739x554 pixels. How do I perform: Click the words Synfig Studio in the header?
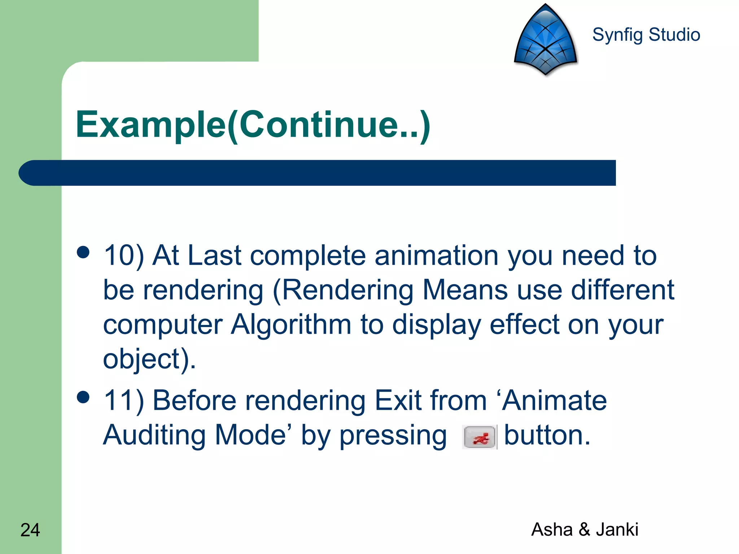click(x=646, y=35)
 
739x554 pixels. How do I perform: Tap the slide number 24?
click(x=30, y=530)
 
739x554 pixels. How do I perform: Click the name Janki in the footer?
click(x=617, y=529)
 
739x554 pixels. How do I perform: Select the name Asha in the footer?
click(x=552, y=529)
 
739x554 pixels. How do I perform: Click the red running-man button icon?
click(x=480, y=438)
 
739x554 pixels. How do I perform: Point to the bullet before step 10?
click(x=83, y=252)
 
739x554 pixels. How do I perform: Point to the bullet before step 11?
click(x=83, y=397)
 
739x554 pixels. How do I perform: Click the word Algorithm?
click(x=291, y=325)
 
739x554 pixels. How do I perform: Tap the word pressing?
click(x=393, y=436)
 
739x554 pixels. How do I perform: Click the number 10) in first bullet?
click(x=124, y=256)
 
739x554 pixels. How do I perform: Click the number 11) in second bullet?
click(x=124, y=401)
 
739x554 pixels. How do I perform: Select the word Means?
click(x=465, y=290)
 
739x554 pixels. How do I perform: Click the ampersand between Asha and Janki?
click(x=584, y=529)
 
